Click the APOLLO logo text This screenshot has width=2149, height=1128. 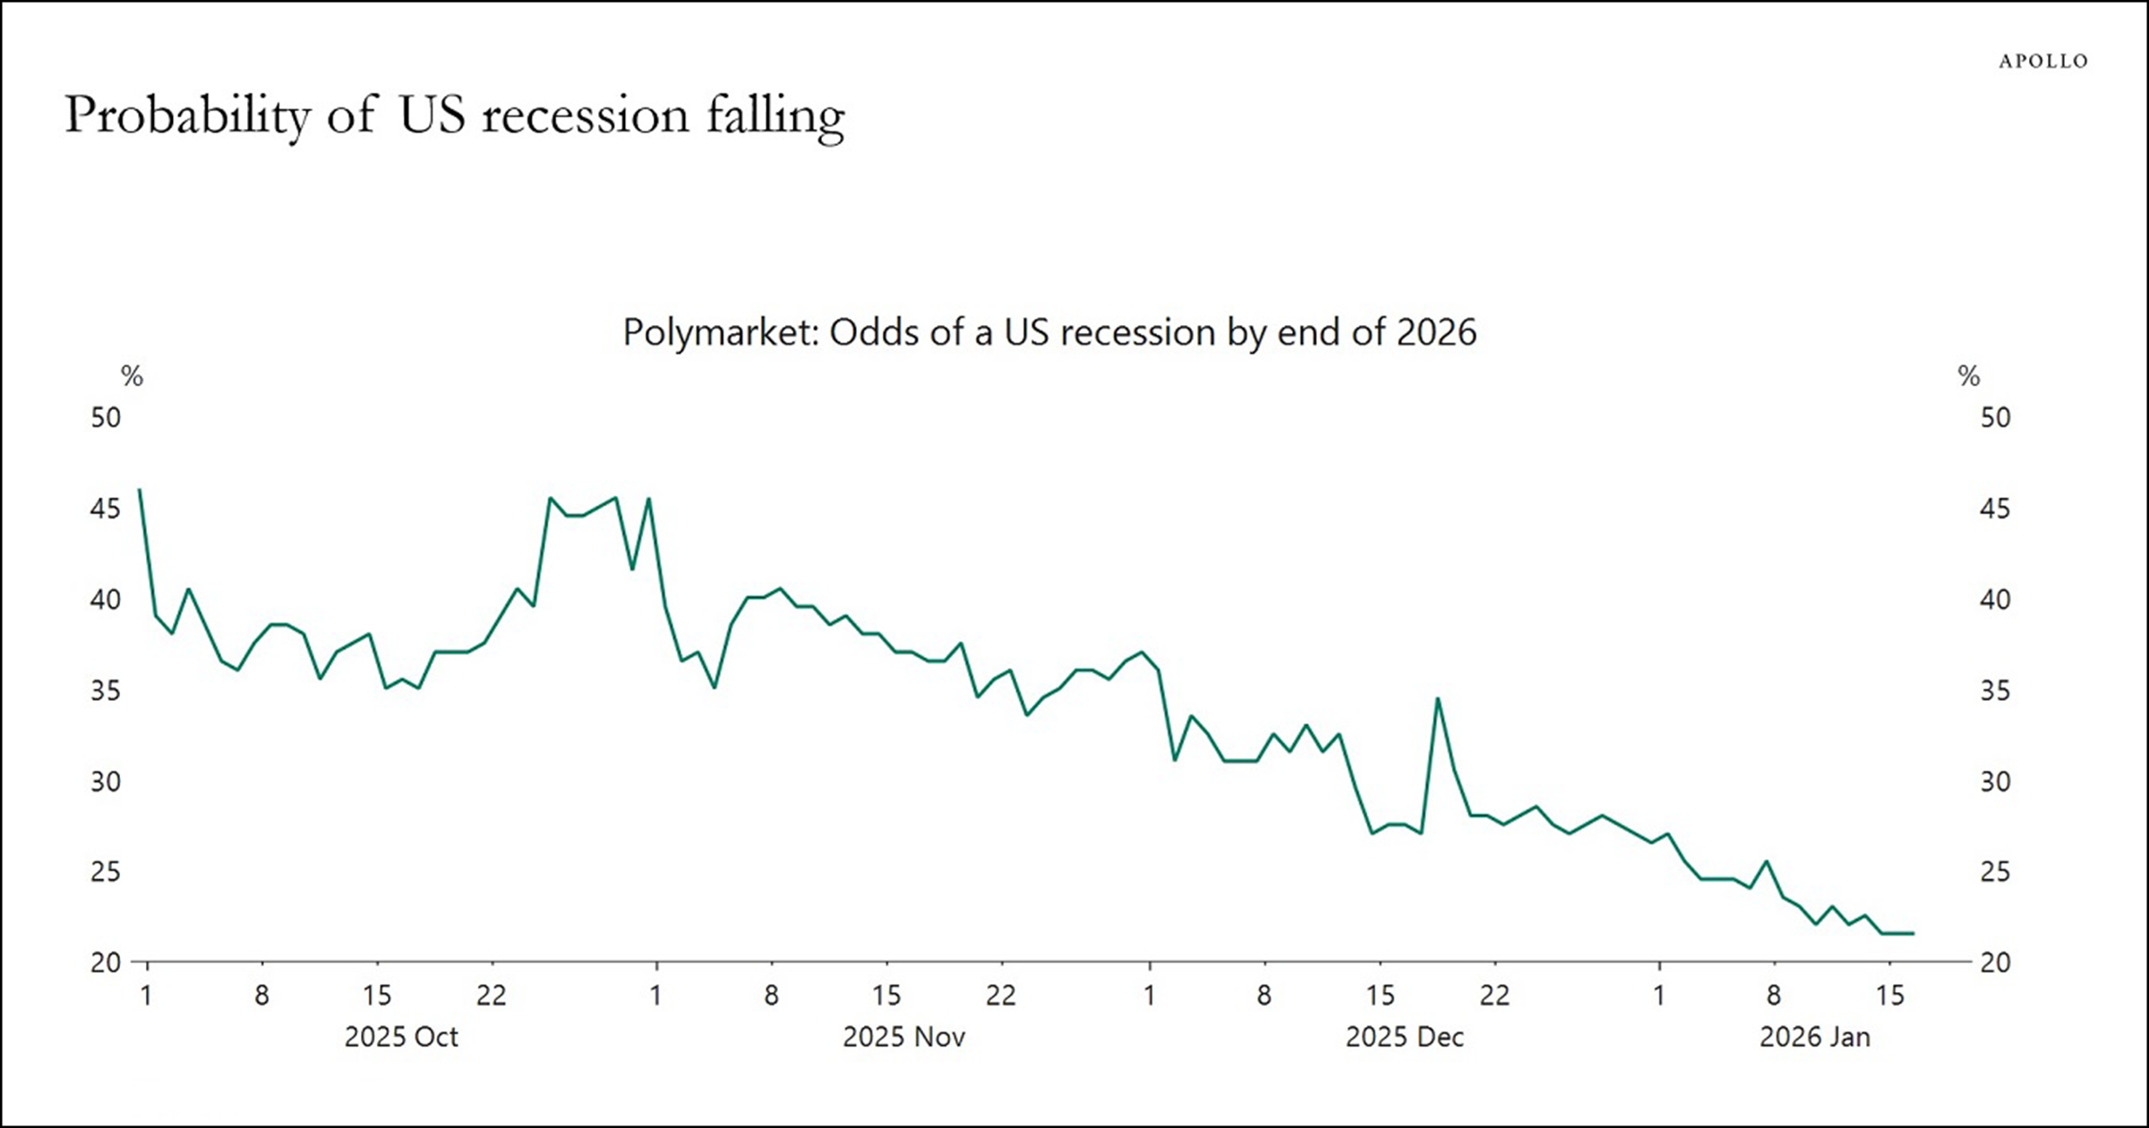[2042, 61]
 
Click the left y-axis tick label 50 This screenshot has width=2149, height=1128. [106, 417]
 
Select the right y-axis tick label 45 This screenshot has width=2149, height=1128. [1995, 508]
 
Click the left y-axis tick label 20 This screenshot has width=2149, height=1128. [106, 962]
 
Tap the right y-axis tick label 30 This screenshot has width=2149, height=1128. [1995, 782]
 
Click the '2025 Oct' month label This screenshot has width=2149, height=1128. [401, 1037]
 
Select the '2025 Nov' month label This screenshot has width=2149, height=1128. [903, 1037]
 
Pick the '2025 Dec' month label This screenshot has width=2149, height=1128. [1404, 1037]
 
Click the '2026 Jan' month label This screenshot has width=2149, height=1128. [1814, 1037]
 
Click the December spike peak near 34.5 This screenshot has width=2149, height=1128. [1437, 699]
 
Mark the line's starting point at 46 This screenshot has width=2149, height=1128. [140, 490]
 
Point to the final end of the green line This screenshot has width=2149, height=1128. [1913, 933]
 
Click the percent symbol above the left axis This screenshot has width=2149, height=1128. [133, 376]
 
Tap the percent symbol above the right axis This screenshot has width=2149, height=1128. [1969, 376]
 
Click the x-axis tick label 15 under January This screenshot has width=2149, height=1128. [1889, 995]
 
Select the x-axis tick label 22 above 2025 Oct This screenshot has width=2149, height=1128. [492, 995]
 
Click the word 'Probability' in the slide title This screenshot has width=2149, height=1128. [187, 117]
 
